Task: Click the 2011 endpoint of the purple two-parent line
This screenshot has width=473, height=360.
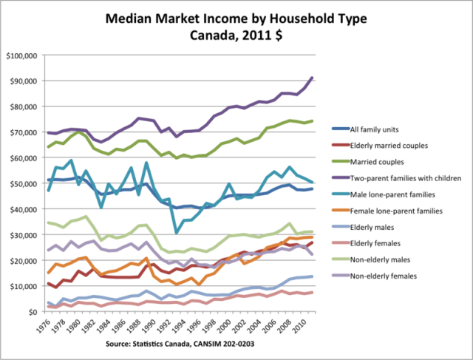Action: click(x=312, y=78)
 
